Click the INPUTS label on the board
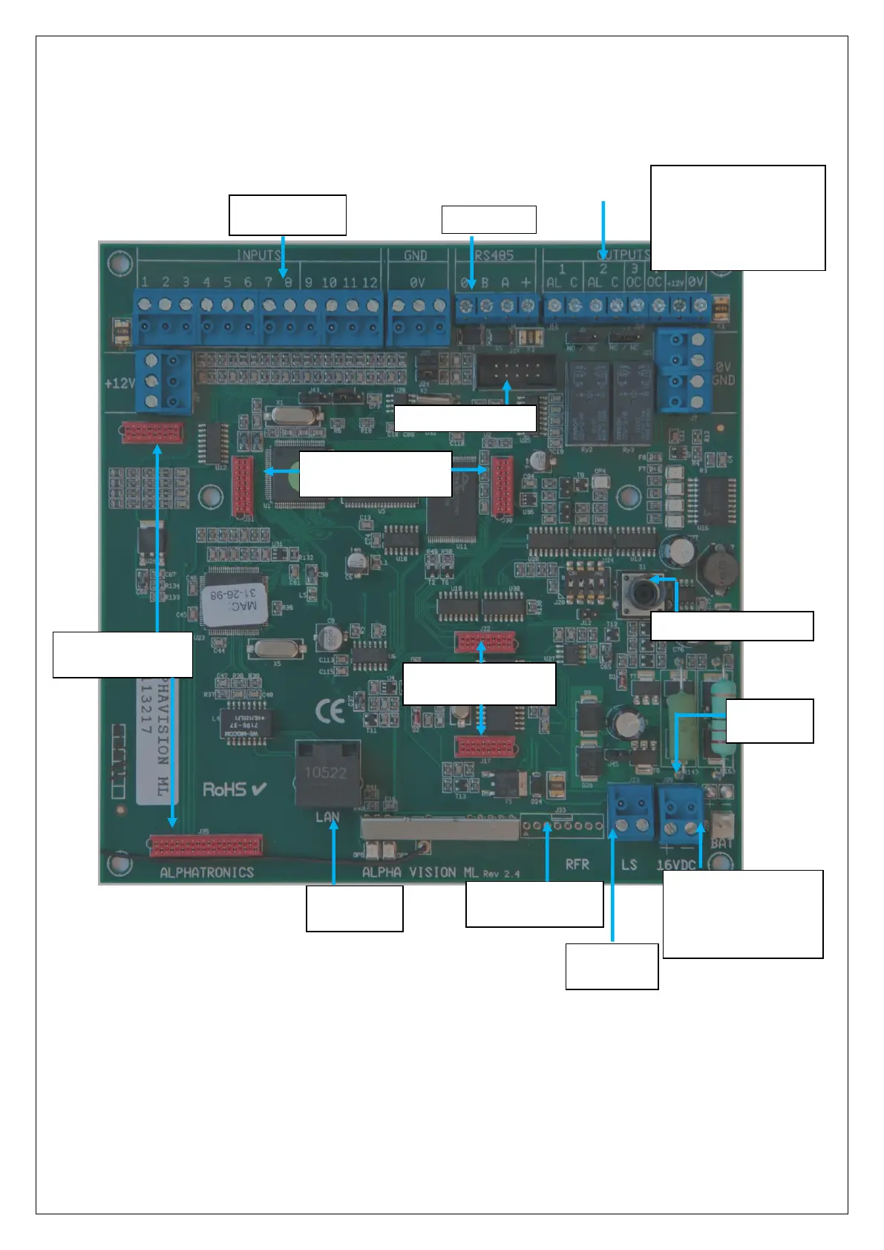[258, 255]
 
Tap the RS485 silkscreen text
[494, 255]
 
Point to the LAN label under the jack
[327, 817]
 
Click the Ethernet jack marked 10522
[327, 773]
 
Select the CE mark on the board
[330, 712]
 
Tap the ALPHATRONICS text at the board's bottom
[207, 872]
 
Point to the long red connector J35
[206, 845]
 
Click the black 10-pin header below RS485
[515, 367]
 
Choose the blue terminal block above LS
[629, 810]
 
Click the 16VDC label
[676, 865]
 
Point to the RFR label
[577, 865]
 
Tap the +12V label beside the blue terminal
[119, 384]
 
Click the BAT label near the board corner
[721, 844]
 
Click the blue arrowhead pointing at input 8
[284, 272]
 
